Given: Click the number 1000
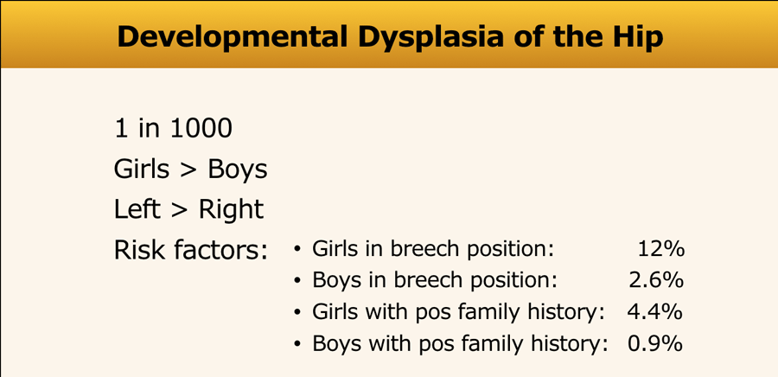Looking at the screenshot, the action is pyautogui.click(x=201, y=129).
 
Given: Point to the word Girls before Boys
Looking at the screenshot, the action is pyautogui.click(x=142, y=169).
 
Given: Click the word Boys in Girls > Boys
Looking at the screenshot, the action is pyautogui.click(x=238, y=170).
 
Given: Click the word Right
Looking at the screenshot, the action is pyautogui.click(x=231, y=210).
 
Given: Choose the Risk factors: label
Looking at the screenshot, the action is pyautogui.click(x=191, y=251).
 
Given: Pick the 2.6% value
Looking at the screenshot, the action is pyautogui.click(x=656, y=281).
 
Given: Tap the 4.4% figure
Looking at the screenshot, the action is pyautogui.click(x=655, y=312).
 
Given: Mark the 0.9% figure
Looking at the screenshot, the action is pyautogui.click(x=655, y=344).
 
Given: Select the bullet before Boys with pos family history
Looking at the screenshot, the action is pyautogui.click(x=297, y=345).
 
